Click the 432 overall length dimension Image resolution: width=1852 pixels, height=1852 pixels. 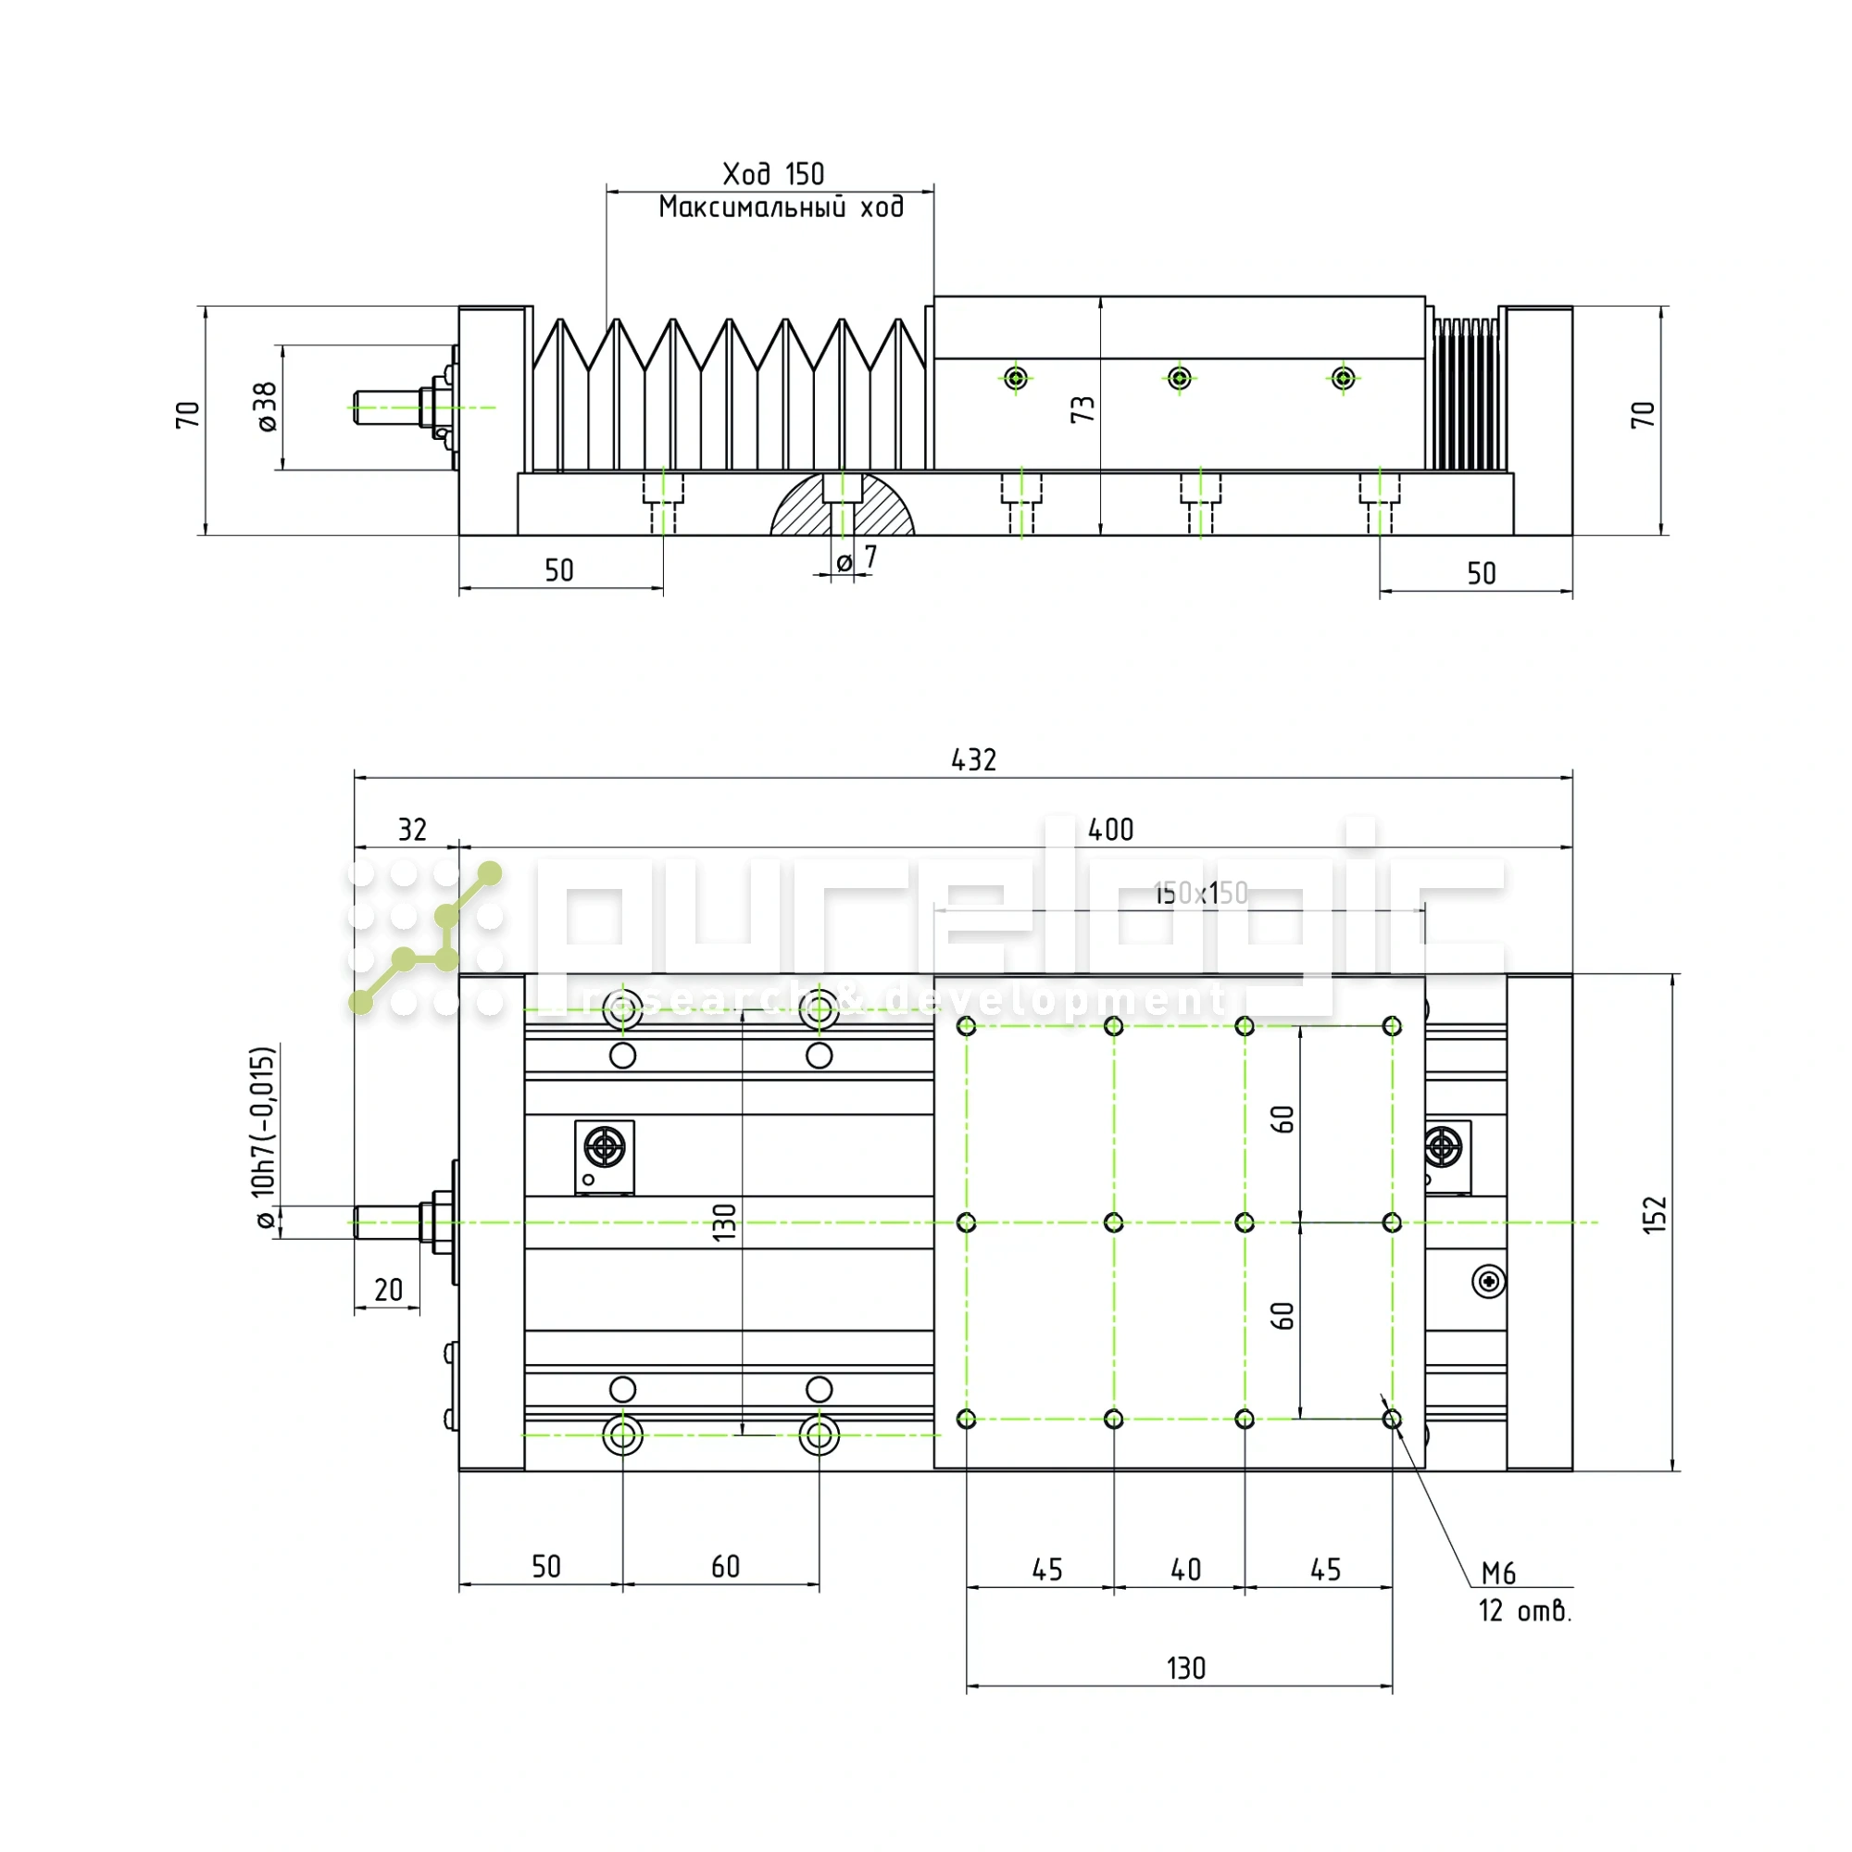click(973, 760)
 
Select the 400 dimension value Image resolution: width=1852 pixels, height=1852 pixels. click(1110, 829)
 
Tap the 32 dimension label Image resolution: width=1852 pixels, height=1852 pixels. click(412, 829)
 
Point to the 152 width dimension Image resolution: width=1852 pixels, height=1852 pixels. click(1656, 1215)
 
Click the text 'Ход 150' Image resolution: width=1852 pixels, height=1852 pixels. click(772, 174)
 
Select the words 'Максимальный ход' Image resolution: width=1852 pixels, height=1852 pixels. click(781, 207)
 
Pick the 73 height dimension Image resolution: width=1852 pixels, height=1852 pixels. click(1082, 409)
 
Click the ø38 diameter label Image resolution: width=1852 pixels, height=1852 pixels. click(267, 407)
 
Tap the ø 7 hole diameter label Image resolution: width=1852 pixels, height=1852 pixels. click(856, 559)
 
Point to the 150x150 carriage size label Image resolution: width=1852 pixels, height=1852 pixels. click(1200, 894)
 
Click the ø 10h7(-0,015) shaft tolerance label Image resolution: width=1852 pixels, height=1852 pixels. click(264, 1137)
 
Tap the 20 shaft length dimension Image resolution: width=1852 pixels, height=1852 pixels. click(388, 1290)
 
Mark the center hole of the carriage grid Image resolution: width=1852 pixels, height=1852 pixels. click(1113, 1222)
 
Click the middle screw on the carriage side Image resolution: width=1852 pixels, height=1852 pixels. click(1180, 378)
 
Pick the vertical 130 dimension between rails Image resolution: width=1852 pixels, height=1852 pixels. click(725, 1222)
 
